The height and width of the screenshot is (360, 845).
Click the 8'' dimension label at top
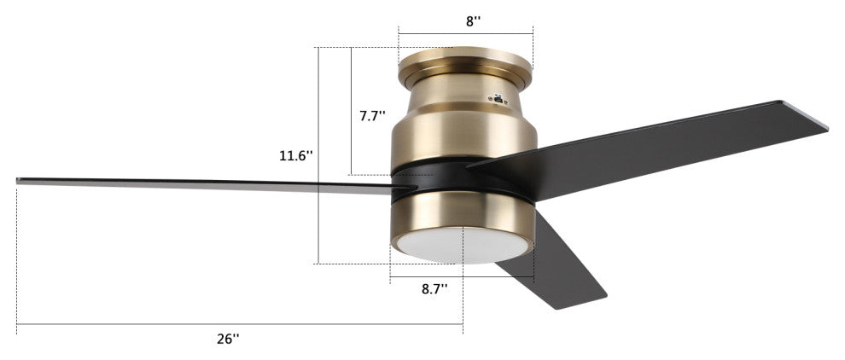[x=471, y=22]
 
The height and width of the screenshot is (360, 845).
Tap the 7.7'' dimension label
[x=372, y=116]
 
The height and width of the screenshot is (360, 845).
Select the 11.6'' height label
[x=295, y=156]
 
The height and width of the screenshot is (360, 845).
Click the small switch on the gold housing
[x=498, y=99]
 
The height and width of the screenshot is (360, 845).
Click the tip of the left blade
[x=20, y=180]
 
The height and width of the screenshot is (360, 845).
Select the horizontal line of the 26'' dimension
[x=239, y=324]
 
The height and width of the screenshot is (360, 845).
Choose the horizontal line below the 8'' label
[x=465, y=34]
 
